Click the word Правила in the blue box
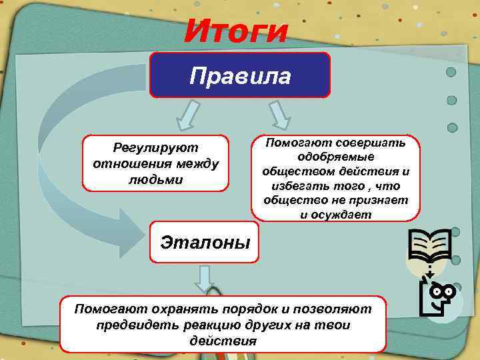pyautogui.click(x=240, y=75)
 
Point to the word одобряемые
pyautogui.click(x=336, y=157)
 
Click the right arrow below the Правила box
pyautogui.click(x=279, y=115)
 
